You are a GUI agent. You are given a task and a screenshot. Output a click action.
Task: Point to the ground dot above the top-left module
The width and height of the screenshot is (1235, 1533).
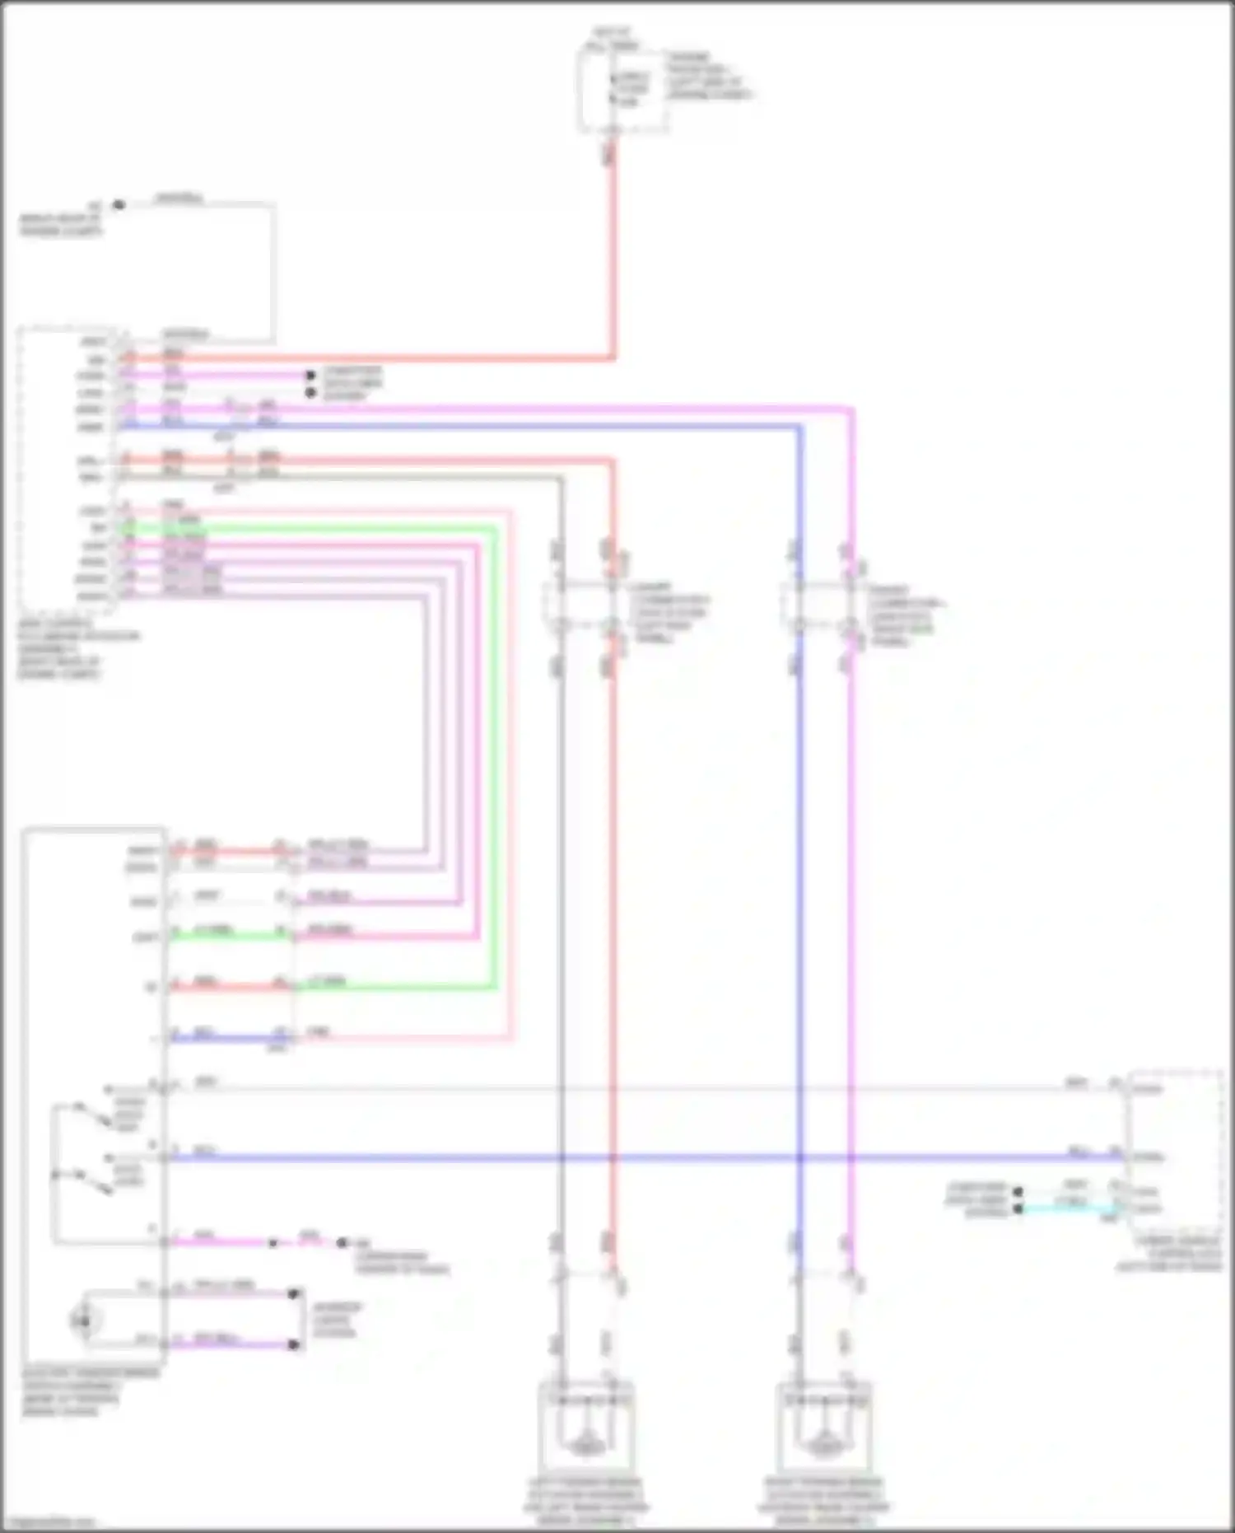pyautogui.click(x=119, y=204)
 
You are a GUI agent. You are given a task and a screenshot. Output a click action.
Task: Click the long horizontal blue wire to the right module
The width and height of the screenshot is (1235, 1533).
pyautogui.click(x=659, y=1157)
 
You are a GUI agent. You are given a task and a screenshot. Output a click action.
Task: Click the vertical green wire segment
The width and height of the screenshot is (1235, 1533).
pyautogui.click(x=496, y=741)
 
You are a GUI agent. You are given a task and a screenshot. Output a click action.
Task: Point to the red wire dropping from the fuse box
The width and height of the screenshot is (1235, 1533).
pyautogui.click(x=613, y=247)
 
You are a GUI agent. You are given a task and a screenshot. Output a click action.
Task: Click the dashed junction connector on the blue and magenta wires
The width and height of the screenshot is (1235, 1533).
pyautogui.click(x=823, y=608)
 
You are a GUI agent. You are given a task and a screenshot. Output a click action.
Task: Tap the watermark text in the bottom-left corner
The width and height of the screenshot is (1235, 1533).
pyautogui.click(x=49, y=1522)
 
